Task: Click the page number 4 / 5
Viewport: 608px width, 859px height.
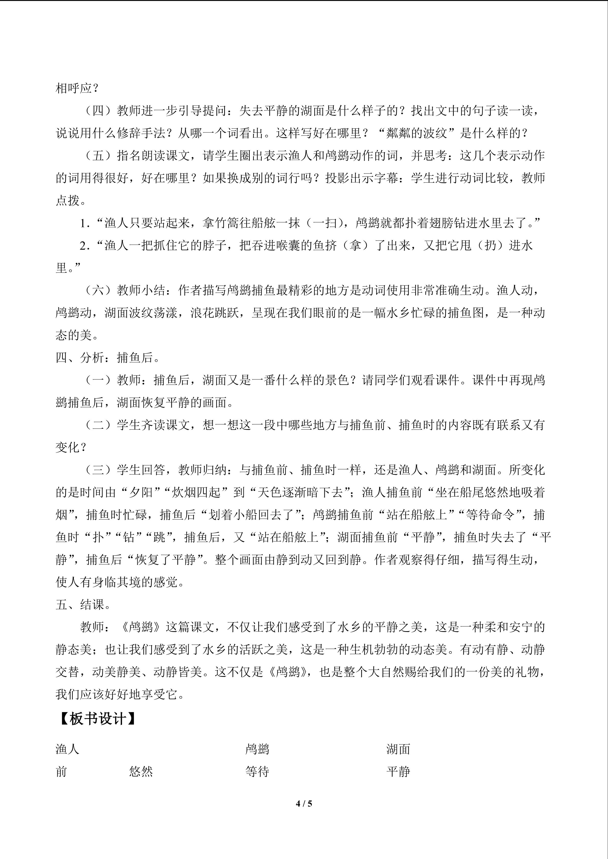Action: [x=304, y=803]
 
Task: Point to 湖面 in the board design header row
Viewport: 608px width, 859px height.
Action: [x=398, y=749]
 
